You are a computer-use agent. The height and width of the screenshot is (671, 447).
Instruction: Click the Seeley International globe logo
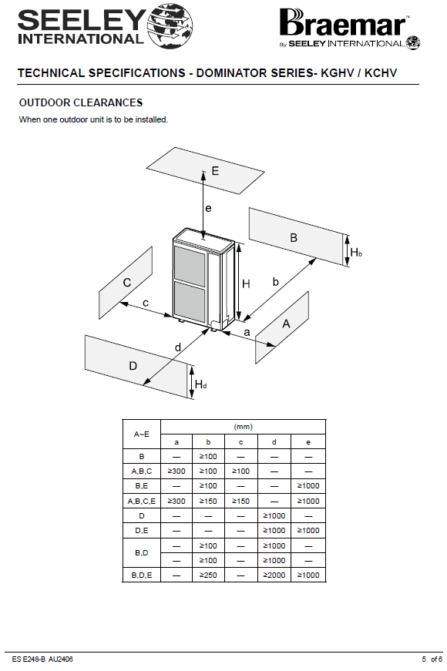tap(170, 25)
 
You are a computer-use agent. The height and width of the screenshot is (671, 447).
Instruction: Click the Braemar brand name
tap(343, 23)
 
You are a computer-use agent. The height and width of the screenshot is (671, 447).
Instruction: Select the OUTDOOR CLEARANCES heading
tap(81, 102)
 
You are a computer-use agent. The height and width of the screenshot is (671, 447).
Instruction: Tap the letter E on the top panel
tap(215, 171)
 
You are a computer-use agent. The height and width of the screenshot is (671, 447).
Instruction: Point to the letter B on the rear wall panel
tap(294, 238)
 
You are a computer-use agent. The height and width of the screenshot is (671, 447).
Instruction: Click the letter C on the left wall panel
tap(127, 283)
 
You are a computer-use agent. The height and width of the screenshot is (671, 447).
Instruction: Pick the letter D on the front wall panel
tap(133, 366)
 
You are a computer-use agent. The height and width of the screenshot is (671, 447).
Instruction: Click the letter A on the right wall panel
tap(286, 324)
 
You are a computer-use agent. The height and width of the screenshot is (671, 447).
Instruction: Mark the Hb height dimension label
tap(356, 253)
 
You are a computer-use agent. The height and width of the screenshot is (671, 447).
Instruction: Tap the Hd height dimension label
tap(201, 384)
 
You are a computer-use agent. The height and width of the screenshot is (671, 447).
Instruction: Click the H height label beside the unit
tap(246, 283)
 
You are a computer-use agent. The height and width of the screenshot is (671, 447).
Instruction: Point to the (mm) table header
tap(244, 427)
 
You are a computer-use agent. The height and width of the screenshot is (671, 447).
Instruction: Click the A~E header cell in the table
tap(142, 434)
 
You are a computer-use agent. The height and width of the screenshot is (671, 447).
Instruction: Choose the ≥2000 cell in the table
tap(274, 575)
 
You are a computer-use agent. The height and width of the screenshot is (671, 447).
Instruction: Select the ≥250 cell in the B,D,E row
tap(208, 575)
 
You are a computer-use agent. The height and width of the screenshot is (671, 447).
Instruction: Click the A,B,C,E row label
tap(142, 501)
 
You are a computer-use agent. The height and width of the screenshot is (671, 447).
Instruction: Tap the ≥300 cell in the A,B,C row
tap(176, 471)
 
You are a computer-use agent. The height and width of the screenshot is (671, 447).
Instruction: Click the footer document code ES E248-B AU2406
tap(42, 659)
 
